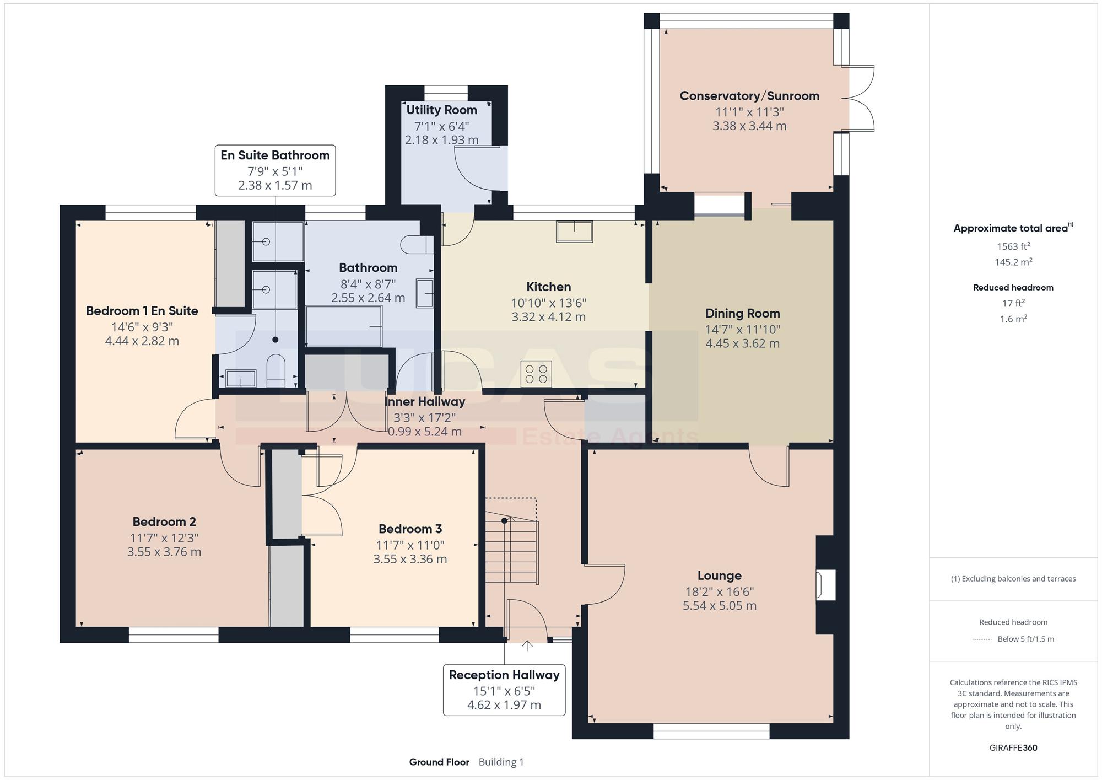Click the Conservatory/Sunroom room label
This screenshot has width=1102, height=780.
(x=749, y=96)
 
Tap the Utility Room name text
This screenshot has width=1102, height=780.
(x=441, y=110)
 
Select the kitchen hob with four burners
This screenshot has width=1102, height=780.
(x=536, y=374)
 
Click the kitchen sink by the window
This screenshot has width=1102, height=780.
(x=574, y=232)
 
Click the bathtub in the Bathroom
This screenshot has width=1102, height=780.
(x=344, y=326)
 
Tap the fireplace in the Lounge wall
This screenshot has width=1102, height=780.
(x=825, y=585)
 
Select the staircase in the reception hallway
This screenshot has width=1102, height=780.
(x=511, y=541)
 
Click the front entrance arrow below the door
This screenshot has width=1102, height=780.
(x=527, y=645)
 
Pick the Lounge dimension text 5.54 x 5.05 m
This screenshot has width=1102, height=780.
(x=719, y=605)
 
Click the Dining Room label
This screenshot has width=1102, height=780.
(x=742, y=313)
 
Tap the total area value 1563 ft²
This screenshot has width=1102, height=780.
(x=1013, y=246)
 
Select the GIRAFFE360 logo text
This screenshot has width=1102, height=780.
(x=1013, y=747)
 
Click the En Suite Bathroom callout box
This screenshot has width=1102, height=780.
(x=275, y=170)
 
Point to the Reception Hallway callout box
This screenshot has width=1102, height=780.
(x=504, y=690)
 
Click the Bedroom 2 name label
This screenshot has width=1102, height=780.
(x=164, y=521)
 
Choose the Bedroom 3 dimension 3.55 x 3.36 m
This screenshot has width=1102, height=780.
(x=410, y=559)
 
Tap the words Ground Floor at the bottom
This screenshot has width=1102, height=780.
(x=439, y=762)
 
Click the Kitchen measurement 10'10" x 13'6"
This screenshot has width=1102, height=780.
(x=548, y=303)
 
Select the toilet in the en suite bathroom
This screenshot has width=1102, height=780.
(x=275, y=370)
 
